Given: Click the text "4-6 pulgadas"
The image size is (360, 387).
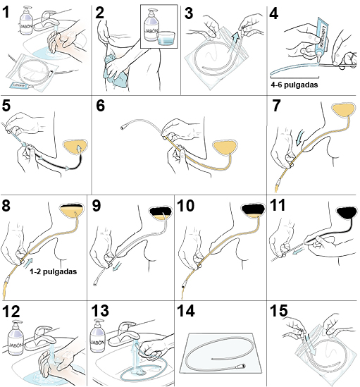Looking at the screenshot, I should point(294,84).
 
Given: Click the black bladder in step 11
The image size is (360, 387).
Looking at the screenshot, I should point(346,211).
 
